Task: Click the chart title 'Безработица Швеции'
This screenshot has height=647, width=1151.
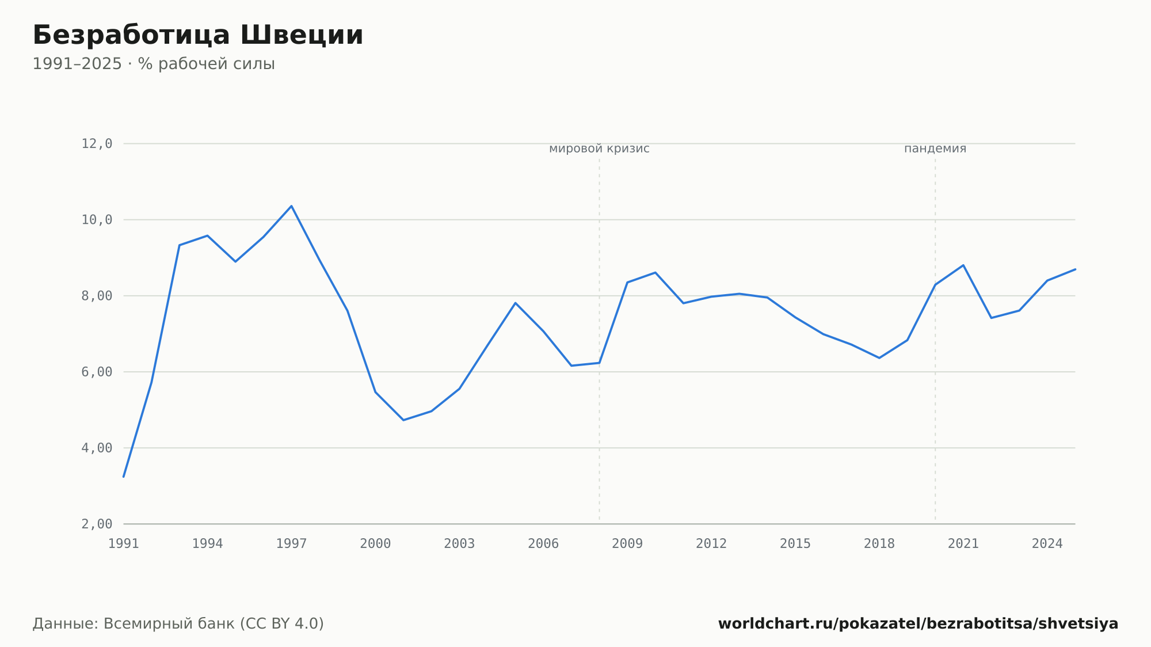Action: point(198,35)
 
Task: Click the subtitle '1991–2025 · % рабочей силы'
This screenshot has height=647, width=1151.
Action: point(154,64)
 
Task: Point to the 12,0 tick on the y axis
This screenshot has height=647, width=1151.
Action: point(97,144)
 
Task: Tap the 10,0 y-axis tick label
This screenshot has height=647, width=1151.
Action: point(97,220)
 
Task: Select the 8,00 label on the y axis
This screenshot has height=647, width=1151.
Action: point(97,296)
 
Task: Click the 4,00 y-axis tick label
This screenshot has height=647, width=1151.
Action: point(97,448)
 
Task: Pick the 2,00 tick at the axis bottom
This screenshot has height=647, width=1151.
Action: point(97,524)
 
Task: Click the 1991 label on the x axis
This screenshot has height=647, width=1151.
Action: point(124,544)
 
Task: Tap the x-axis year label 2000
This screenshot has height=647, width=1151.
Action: point(375,544)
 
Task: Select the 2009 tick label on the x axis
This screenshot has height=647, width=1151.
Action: point(627,544)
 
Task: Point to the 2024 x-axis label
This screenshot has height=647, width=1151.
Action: point(1047,544)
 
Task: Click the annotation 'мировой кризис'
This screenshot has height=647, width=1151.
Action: point(599,149)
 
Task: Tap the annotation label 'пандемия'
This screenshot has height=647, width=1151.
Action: point(935,149)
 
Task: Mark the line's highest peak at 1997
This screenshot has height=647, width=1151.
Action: point(291,206)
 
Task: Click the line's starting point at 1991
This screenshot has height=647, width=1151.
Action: point(124,477)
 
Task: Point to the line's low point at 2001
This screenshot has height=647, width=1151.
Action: point(403,420)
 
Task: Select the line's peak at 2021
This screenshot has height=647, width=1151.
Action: point(963,265)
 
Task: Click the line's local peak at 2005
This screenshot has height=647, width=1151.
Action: point(516,303)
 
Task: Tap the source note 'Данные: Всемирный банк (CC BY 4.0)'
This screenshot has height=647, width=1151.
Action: point(178,624)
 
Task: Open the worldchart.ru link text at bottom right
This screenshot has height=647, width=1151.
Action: point(918,624)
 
